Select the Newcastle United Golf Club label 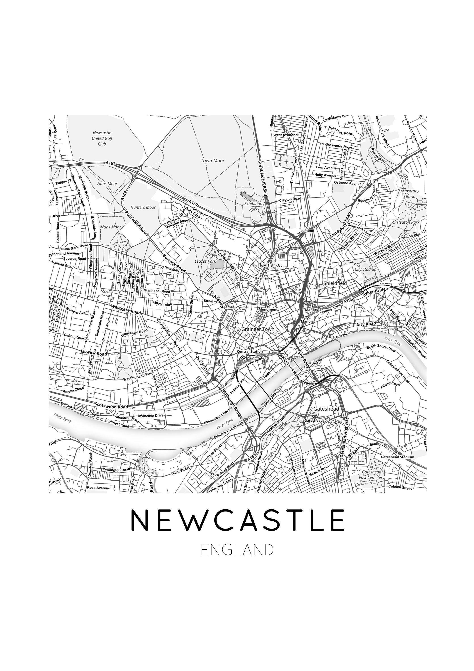coord(102,138)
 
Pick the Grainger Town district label coord(258,329)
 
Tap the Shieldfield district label coord(335,283)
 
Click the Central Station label coord(250,352)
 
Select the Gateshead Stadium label coord(397,457)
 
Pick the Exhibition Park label coord(253,206)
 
